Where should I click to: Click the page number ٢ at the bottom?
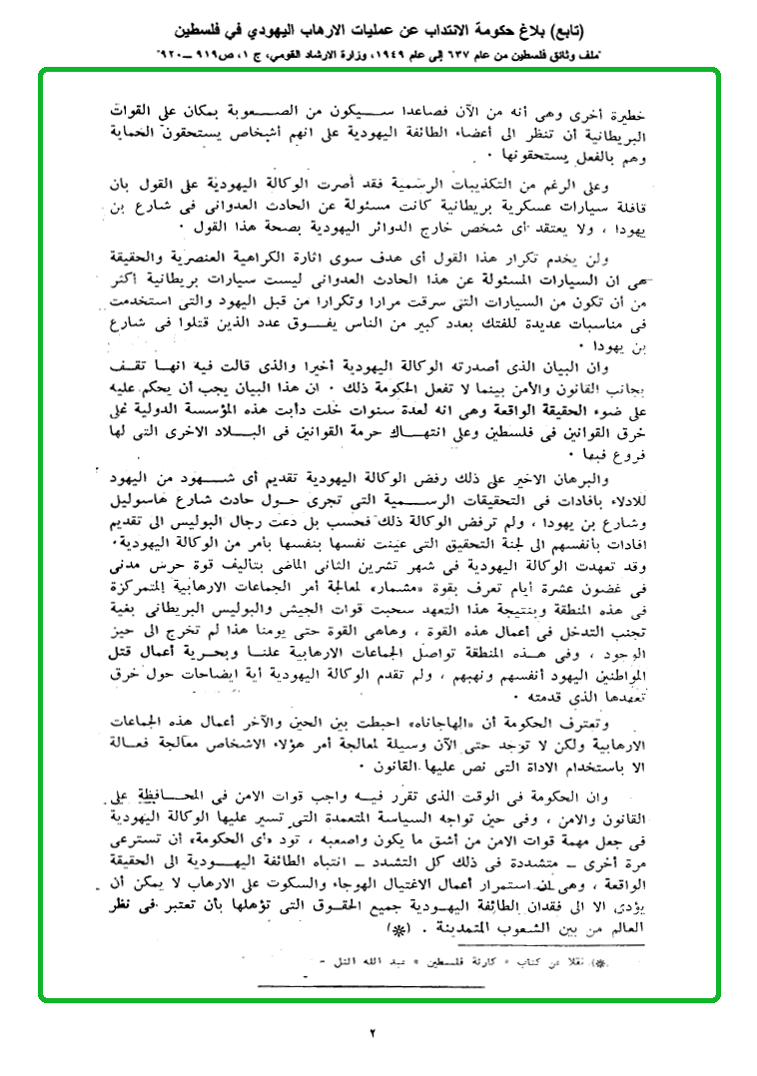pyautogui.click(x=373, y=1033)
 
